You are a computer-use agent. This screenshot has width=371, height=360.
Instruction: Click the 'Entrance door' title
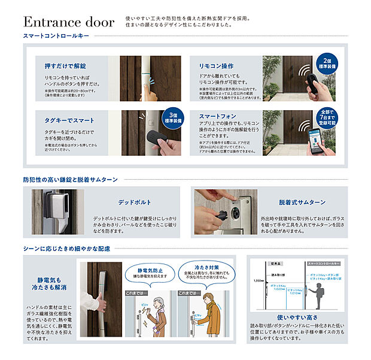tap(68, 22)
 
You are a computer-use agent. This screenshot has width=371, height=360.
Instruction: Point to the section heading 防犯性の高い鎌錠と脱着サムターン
tap(70, 179)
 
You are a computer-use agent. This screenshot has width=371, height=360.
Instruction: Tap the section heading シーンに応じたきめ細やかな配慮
tap(67, 249)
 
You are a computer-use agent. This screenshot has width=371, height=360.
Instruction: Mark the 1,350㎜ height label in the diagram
tap(257, 280)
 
